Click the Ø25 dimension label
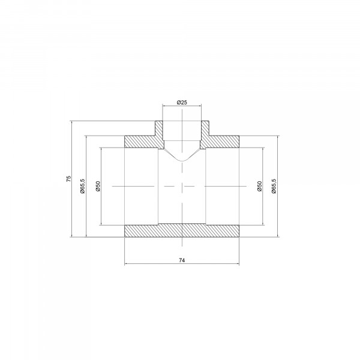click(182, 103)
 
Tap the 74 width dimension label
click(182, 260)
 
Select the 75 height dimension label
click(68, 179)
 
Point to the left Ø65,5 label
click(82, 186)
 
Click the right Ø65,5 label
click(274, 186)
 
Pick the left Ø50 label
click(98, 186)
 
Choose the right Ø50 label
click(260, 186)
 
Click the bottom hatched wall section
click(182, 230)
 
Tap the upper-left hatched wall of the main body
click(142, 142)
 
